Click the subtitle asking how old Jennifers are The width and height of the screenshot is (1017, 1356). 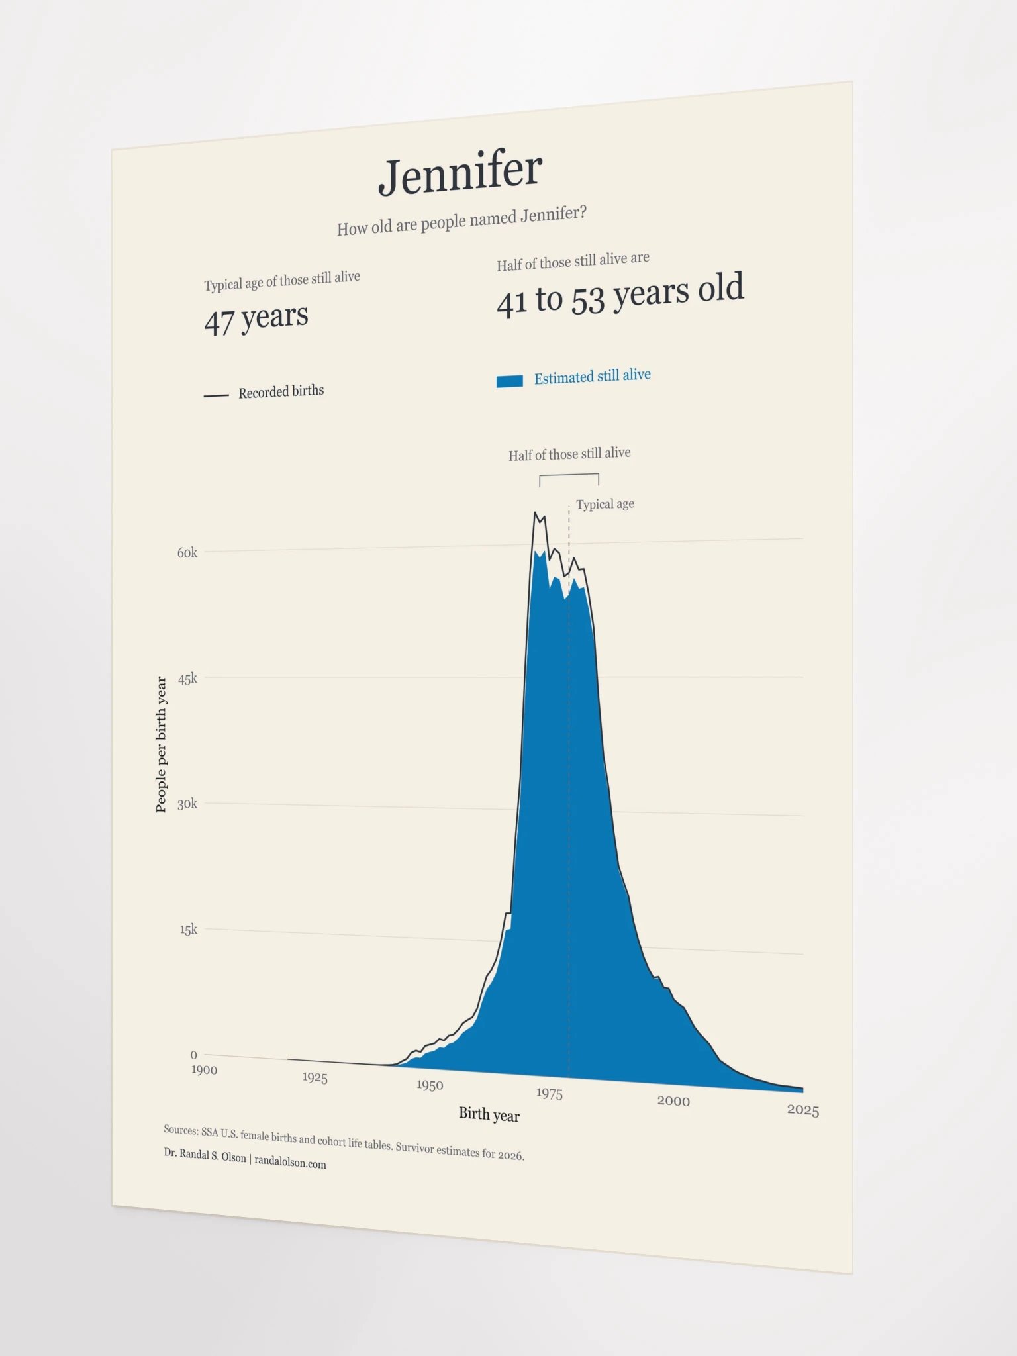pos(461,220)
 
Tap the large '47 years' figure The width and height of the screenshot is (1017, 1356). pos(256,318)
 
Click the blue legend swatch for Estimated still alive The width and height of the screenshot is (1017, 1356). pos(510,381)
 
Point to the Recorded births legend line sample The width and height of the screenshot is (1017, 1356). pos(216,395)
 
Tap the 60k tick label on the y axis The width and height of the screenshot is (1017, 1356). pos(187,553)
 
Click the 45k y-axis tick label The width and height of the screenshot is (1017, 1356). pos(187,679)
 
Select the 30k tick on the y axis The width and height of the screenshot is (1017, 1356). pos(187,804)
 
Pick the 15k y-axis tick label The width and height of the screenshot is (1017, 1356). pos(189,930)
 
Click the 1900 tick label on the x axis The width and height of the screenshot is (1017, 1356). pos(204,1070)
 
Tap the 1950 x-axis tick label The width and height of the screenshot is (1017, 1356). pos(430,1085)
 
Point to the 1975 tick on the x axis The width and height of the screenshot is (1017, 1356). pos(550,1093)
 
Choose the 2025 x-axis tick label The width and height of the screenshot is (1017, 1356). pos(803,1110)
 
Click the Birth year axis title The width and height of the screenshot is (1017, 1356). pos(489,1114)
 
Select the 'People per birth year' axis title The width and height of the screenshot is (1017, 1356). pos(161,744)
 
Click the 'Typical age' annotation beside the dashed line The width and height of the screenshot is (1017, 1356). pos(605,505)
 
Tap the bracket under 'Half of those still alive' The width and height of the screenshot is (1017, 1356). pos(569,475)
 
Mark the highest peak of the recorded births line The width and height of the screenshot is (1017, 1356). pos(535,512)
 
